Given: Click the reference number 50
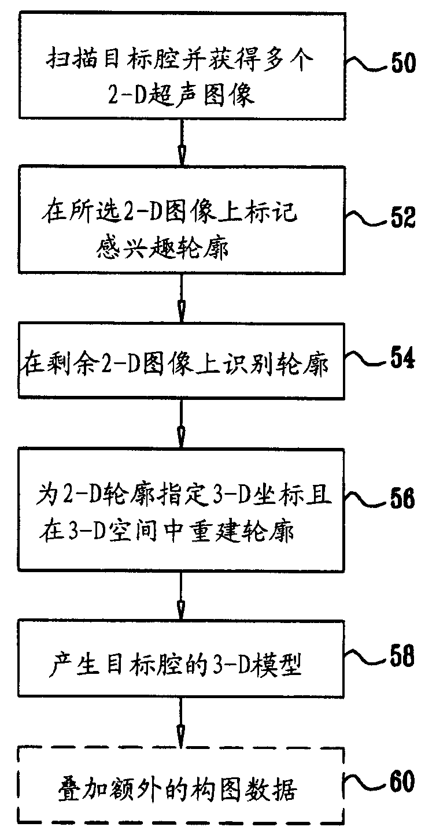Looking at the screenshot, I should coord(400,62).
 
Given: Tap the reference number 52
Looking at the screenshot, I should coord(399,217).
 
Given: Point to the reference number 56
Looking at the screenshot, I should coord(399,499).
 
